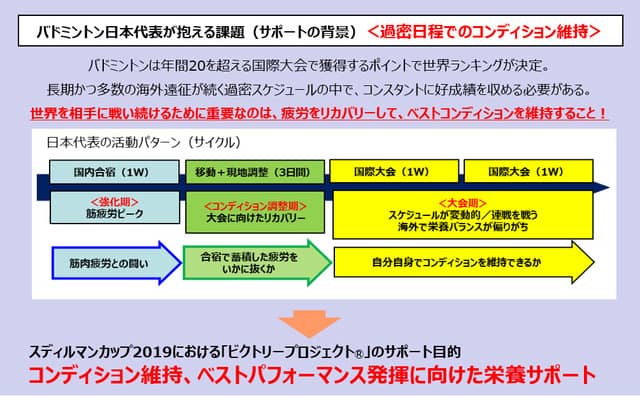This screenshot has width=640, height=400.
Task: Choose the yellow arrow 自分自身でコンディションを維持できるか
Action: (460, 263)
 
